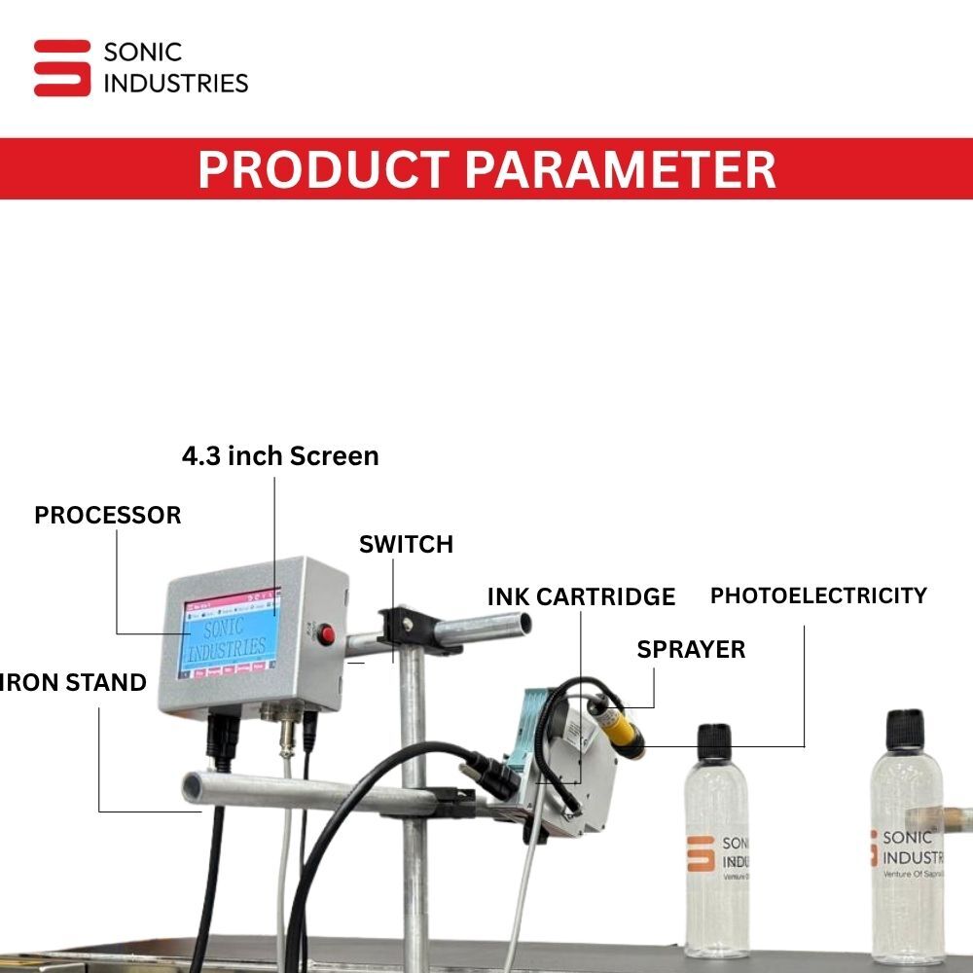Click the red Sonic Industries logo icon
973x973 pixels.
pos(62,68)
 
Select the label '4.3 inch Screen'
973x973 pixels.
pos(280,455)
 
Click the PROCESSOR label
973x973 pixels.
pos(108,516)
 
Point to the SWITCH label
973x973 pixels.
pos(406,544)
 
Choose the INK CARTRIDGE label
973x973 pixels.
pos(581,596)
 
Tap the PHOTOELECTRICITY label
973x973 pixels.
pos(818,595)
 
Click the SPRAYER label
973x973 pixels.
pos(691,649)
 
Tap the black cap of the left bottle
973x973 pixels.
pos(715,741)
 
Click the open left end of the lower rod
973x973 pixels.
pos(192,784)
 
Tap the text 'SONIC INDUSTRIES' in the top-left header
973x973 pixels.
pos(175,68)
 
